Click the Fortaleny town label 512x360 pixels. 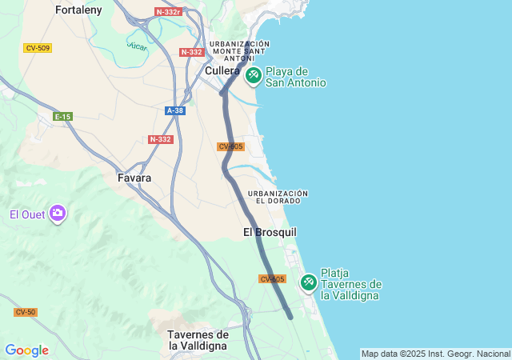pos(78,10)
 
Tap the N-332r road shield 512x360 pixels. pos(169,12)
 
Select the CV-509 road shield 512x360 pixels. pos(38,48)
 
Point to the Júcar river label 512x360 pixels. pos(137,46)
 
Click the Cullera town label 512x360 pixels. pos(222,70)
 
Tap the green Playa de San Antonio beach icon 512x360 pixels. pos(254,76)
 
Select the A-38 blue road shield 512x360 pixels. pos(175,110)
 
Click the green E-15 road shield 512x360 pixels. pos(62,117)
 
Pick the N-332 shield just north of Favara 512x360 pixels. pos(160,139)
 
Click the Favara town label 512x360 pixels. pos(134,178)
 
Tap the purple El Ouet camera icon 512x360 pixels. pos(58,214)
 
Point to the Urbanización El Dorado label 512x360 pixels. pos(278,197)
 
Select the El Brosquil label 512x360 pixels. pos(270,232)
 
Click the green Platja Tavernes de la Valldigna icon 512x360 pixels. pos(309,282)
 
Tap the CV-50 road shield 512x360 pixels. pos(26,312)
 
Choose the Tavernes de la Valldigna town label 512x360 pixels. pos(198,340)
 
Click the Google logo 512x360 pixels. pos(26,350)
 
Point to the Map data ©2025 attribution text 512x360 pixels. pos(434,354)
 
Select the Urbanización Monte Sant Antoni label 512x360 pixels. pos(239,50)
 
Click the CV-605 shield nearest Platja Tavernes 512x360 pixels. pos(272,278)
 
